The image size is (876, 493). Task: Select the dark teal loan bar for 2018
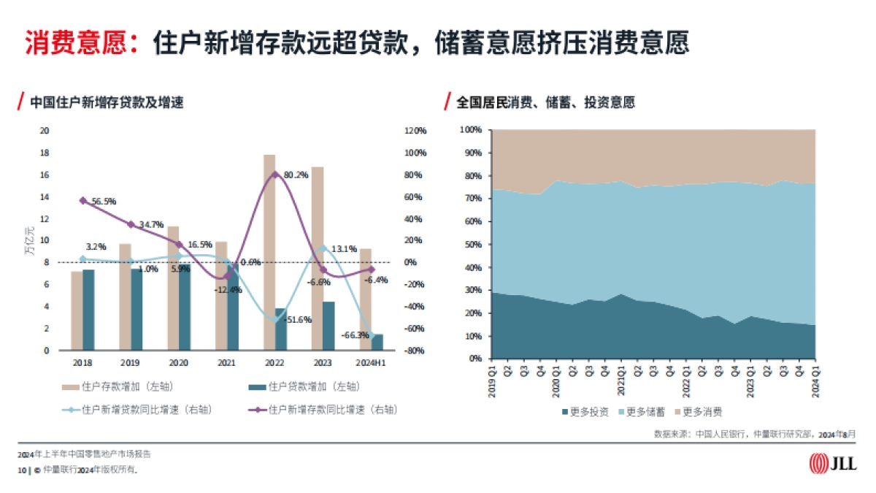click(88, 310)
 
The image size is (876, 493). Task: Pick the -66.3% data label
click(355, 335)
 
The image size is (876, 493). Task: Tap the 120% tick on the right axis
click(415, 131)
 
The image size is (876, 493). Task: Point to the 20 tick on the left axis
click(44, 131)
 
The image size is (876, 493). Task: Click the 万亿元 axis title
click(29, 241)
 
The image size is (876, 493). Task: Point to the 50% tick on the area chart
click(472, 245)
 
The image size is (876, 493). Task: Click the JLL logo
click(833, 462)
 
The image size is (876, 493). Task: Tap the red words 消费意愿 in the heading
click(69, 42)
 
